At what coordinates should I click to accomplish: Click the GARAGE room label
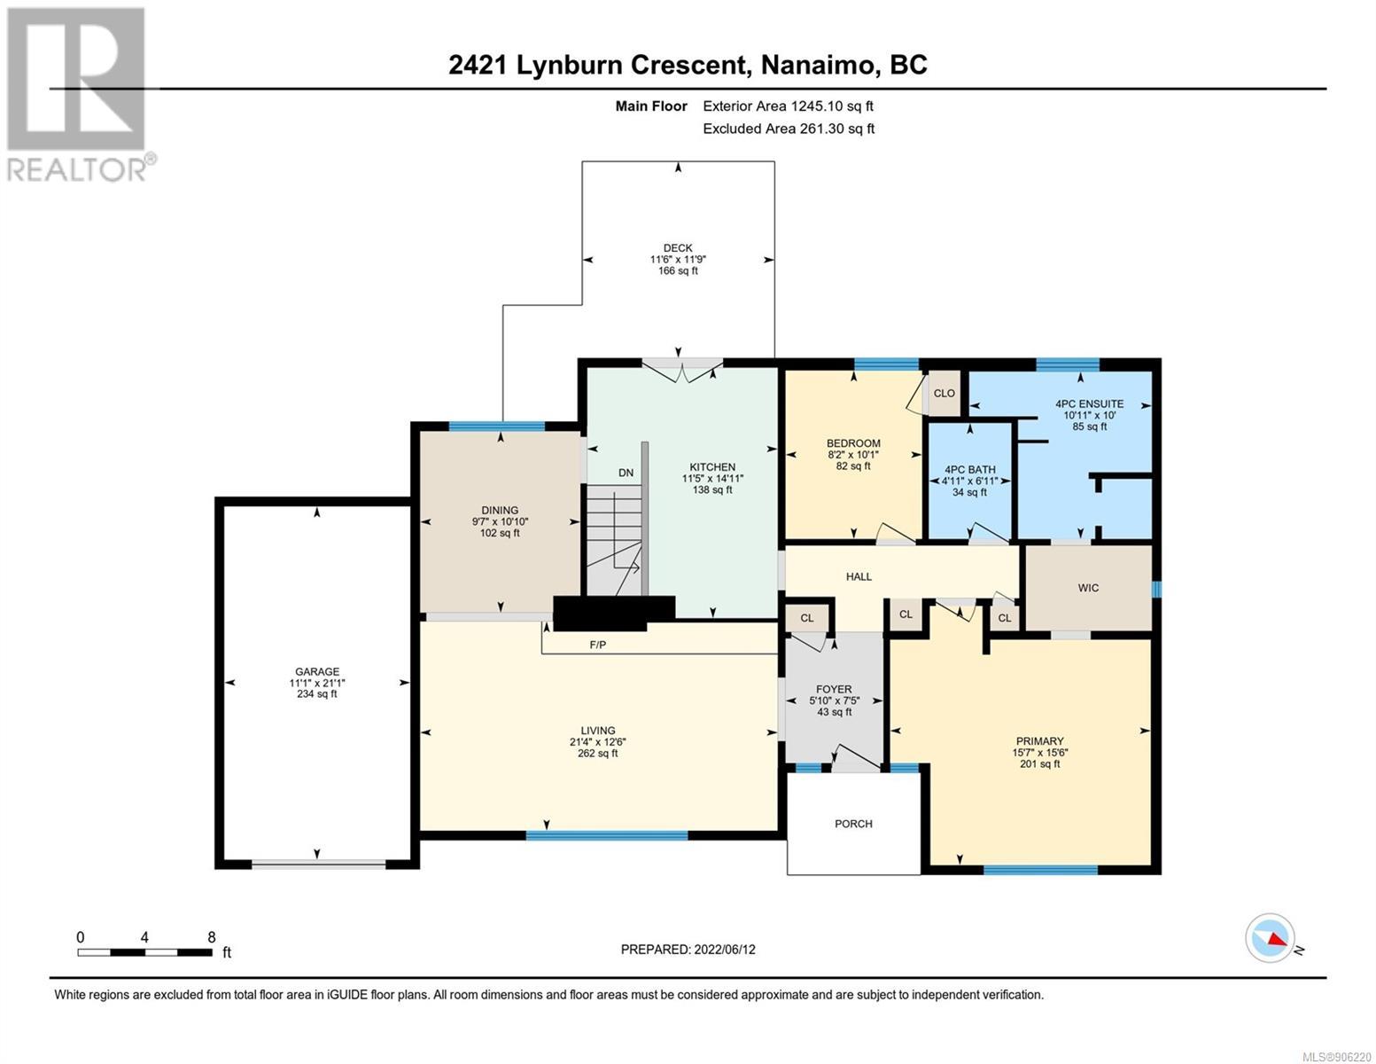(317, 672)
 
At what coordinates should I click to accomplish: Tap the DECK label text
(678, 248)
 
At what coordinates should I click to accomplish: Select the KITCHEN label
(712, 467)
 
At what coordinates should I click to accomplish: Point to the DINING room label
(500, 511)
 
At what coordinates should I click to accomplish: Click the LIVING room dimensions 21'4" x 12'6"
(597, 742)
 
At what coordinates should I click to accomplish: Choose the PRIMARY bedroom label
(1039, 741)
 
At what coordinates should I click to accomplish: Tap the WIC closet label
(1088, 588)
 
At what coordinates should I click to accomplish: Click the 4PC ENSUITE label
(1089, 404)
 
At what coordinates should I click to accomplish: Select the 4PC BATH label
(970, 470)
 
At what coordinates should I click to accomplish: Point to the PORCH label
(853, 824)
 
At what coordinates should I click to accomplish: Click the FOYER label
(833, 689)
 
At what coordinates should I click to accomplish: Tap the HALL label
(859, 576)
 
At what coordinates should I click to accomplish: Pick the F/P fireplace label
(598, 645)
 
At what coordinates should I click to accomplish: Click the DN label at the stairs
(626, 473)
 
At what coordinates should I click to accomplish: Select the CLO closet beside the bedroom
(945, 393)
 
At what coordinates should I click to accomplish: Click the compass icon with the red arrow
(1270, 938)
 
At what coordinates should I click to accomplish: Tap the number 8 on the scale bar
(211, 937)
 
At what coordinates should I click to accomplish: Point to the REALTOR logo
(80, 93)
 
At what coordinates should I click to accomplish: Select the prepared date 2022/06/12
(723, 950)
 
